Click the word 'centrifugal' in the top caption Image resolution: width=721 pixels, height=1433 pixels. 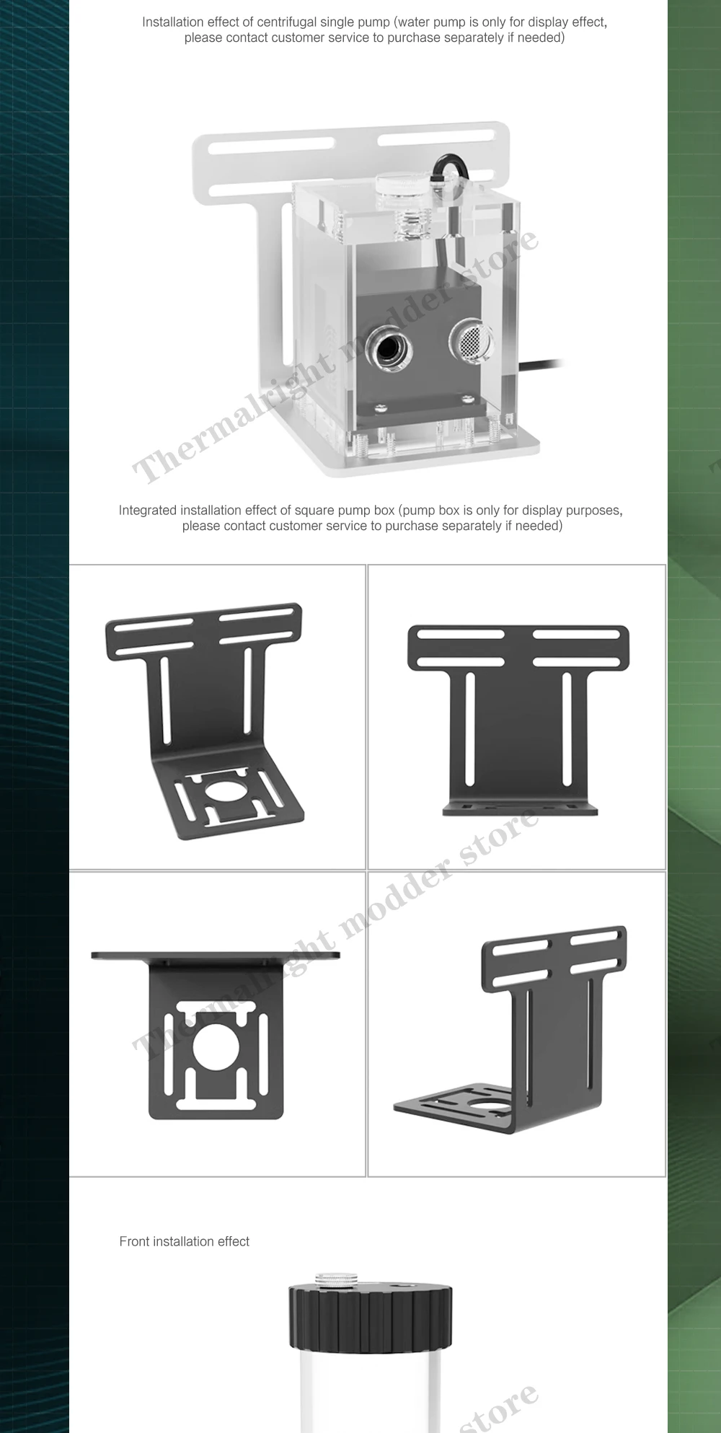click(305, 22)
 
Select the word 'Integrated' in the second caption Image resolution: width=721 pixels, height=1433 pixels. click(148, 511)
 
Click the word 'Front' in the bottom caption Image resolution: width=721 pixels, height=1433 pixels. click(135, 1241)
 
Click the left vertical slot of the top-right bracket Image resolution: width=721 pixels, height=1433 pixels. click(470, 728)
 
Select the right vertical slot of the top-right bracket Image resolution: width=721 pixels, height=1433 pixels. click(567, 728)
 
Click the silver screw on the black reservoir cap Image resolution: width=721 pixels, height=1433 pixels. click(337, 1279)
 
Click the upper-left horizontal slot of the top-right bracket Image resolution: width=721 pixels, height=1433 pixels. click(459, 635)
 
